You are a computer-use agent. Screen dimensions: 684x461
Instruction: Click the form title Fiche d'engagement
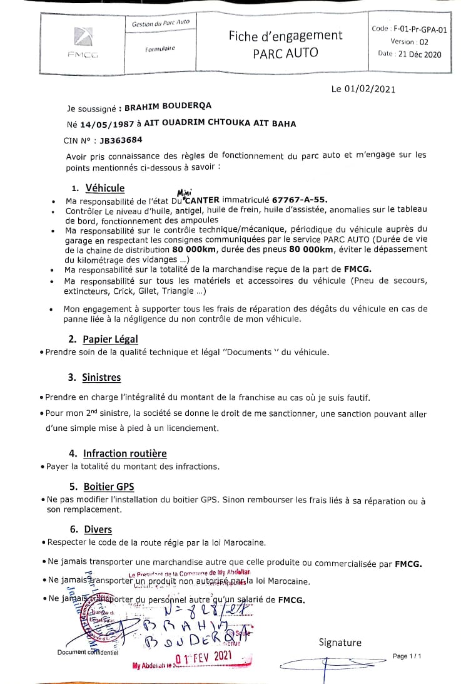click(285, 36)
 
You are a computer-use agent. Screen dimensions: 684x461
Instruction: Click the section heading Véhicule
click(104, 188)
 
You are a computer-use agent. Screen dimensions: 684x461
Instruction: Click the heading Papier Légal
click(110, 339)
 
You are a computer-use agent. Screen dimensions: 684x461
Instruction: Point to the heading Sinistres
click(101, 378)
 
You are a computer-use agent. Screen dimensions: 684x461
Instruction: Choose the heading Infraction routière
click(125, 453)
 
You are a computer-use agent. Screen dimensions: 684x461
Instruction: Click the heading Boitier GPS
click(108, 487)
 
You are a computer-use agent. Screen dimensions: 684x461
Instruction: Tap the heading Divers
click(98, 529)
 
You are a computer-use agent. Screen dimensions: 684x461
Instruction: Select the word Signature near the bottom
click(340, 642)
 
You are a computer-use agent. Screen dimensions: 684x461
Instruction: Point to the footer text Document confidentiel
click(88, 652)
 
